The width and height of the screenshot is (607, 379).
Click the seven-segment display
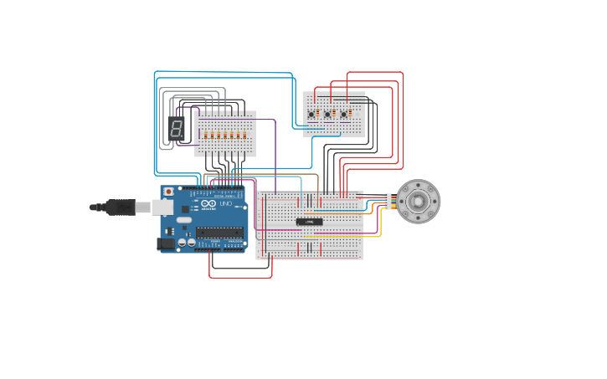176,128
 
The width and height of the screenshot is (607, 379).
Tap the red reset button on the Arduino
169,192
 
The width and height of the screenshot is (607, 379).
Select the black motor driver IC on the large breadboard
309,222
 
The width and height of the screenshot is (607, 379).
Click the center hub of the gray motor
418,202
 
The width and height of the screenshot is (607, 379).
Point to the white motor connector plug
388,201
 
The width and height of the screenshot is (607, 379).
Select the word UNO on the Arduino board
226,203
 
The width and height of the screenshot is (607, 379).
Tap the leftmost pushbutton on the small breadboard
311,114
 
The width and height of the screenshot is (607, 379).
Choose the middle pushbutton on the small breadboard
327,114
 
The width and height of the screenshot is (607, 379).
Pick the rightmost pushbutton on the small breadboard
343,114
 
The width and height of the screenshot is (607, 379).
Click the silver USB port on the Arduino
162,207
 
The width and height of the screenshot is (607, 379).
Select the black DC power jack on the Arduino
166,243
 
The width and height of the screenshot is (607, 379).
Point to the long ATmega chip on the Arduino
219,233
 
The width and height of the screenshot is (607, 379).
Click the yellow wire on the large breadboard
343,237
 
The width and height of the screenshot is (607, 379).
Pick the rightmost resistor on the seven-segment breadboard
245,135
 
